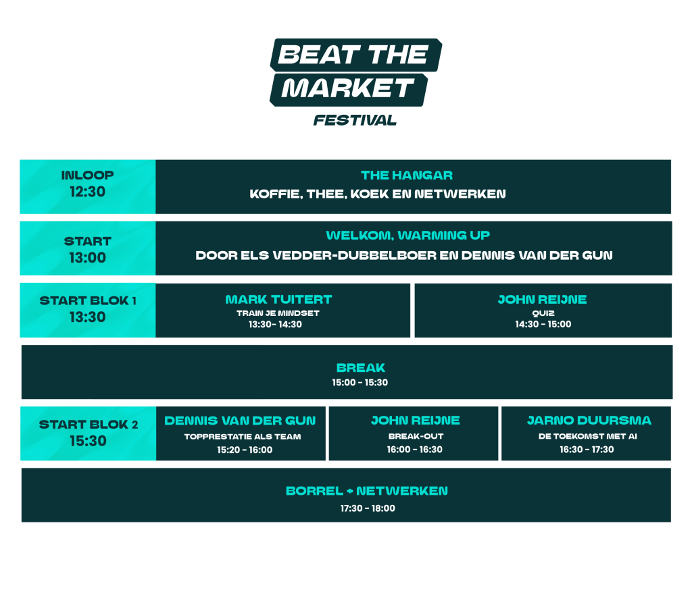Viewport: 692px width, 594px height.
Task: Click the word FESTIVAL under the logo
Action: [x=355, y=120]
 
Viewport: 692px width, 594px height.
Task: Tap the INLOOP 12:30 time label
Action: [x=87, y=184]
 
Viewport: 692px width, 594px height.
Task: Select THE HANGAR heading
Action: [x=407, y=175]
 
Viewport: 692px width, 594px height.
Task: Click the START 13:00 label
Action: [x=87, y=249]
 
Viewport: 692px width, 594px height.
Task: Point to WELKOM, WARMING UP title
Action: [x=407, y=236]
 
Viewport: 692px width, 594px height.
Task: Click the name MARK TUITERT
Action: [x=278, y=300]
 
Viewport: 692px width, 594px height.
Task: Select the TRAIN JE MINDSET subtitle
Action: [x=278, y=313]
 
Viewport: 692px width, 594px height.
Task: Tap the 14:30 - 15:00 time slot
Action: [x=543, y=324]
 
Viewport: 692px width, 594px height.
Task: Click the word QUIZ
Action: [x=543, y=313]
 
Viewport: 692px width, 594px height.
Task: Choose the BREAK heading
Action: [x=361, y=368]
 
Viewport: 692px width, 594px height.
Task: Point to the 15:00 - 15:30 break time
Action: [x=360, y=383]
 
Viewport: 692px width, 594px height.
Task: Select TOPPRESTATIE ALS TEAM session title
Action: [x=243, y=437]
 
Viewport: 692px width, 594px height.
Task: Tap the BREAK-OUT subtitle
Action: [x=416, y=436]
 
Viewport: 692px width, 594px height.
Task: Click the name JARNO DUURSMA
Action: [x=589, y=421]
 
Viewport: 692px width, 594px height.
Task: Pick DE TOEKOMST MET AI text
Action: [x=587, y=436]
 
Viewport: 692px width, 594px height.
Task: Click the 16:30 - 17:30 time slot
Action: [x=587, y=450]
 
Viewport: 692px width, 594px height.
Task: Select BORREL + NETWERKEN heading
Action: [x=367, y=491]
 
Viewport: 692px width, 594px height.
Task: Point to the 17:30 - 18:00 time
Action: [x=368, y=508]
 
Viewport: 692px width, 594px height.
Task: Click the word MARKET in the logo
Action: [x=348, y=88]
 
